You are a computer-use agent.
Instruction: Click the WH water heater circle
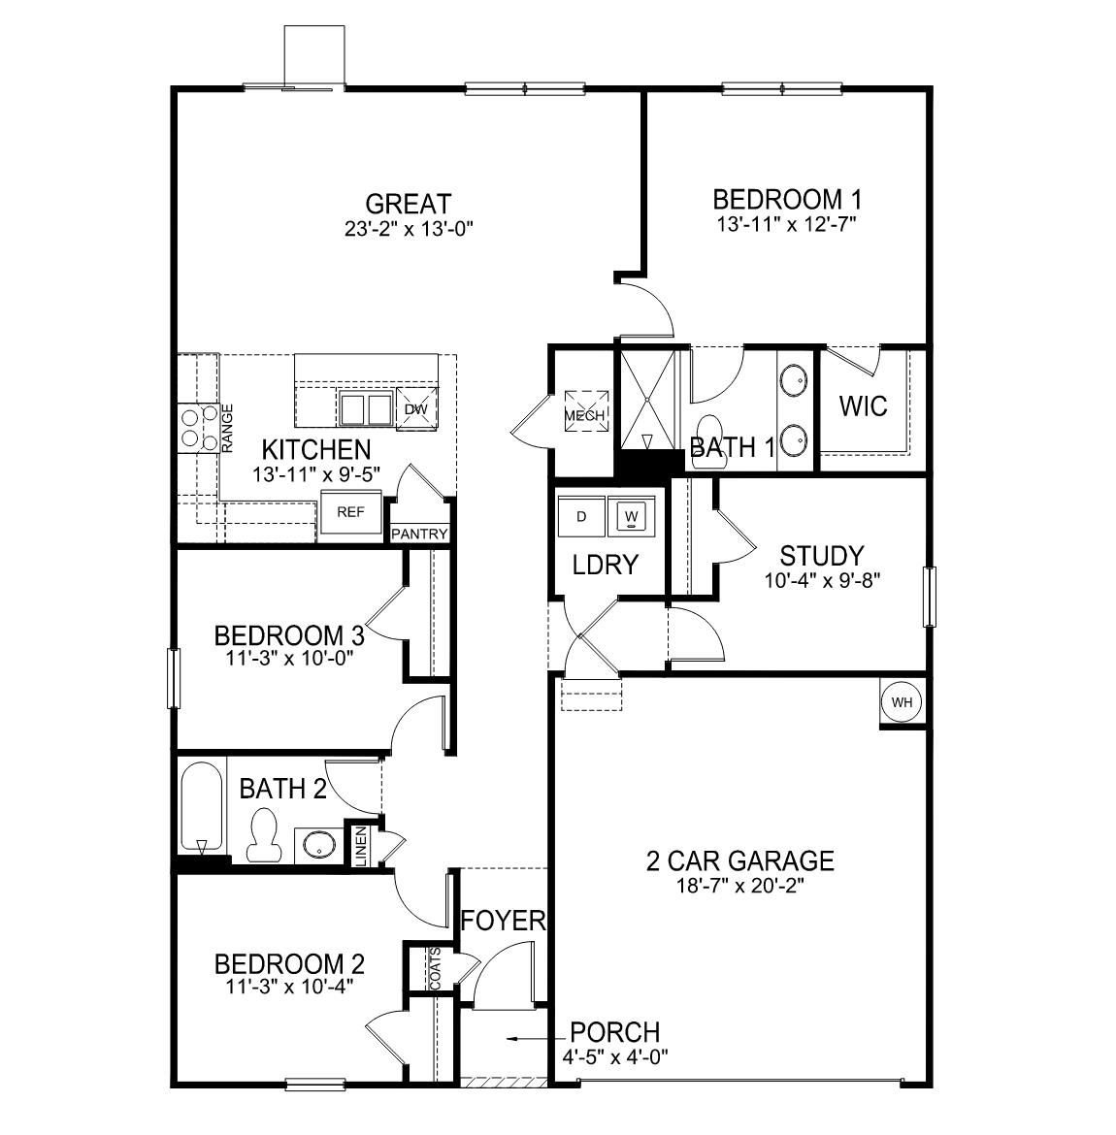[902, 702]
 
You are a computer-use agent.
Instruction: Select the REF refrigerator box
[350, 512]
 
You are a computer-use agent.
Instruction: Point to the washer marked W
[632, 516]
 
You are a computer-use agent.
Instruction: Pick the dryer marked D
[581, 516]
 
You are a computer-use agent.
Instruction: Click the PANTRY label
[419, 535]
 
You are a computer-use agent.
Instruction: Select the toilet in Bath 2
[262, 838]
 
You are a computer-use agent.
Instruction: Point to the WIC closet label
[863, 405]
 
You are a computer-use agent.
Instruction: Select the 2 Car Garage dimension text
[740, 885]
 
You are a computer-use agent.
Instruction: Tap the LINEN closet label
[361, 846]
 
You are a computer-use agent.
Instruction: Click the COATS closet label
[435, 968]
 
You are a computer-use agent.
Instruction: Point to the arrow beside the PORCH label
[529, 1038]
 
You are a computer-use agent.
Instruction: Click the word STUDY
[821, 556]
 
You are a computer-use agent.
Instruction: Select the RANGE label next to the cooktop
[228, 428]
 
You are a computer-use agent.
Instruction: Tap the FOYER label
[503, 920]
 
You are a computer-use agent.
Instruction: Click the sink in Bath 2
[316, 844]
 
